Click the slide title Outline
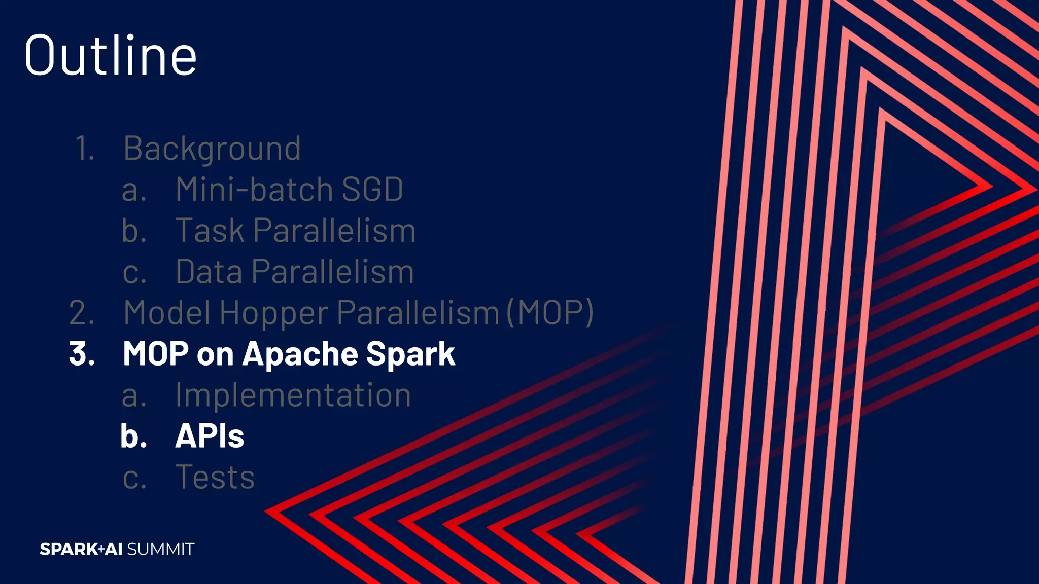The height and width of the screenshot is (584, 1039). [x=110, y=55]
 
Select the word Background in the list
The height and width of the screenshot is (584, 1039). [x=212, y=149]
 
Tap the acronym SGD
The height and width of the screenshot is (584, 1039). [x=372, y=190]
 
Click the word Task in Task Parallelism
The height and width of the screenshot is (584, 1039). [x=210, y=231]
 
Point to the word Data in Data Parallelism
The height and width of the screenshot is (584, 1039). [x=209, y=272]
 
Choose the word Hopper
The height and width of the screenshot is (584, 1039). [x=274, y=313]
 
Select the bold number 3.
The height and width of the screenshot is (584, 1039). [x=82, y=354]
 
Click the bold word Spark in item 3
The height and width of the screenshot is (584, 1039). [x=410, y=354]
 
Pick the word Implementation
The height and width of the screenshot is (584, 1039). [x=293, y=395]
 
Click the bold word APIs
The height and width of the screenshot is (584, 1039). [x=210, y=436]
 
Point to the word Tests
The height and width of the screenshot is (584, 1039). [x=215, y=477]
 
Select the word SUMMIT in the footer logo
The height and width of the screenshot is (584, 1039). [x=161, y=549]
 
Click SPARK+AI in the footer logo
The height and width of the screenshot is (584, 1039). [x=81, y=549]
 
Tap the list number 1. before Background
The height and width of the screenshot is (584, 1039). [x=85, y=149]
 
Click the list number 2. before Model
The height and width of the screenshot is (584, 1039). [x=82, y=313]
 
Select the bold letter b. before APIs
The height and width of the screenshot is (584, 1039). [x=133, y=436]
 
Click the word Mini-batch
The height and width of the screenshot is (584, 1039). [x=254, y=190]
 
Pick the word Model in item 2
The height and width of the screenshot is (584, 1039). [x=167, y=313]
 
